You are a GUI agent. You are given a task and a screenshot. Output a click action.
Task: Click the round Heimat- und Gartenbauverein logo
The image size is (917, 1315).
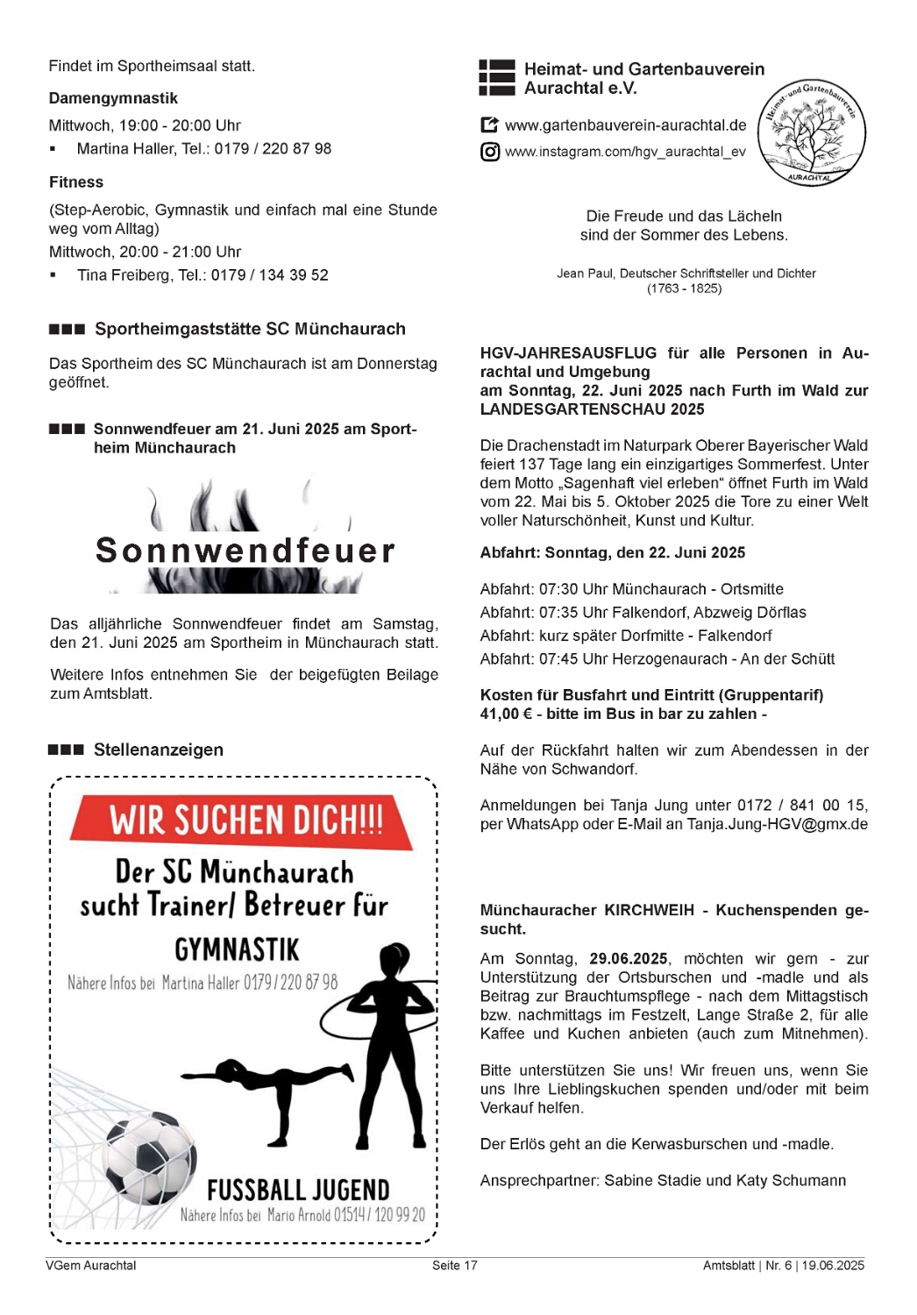click(x=811, y=132)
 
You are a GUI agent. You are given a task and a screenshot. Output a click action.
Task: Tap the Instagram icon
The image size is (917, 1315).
click(x=490, y=152)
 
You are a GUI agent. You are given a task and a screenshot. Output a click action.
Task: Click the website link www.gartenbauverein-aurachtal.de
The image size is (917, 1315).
click(x=625, y=125)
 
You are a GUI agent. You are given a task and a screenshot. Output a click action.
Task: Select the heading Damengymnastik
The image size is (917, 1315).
click(x=113, y=98)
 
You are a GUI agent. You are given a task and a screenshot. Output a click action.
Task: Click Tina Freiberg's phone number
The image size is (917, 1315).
click(x=270, y=275)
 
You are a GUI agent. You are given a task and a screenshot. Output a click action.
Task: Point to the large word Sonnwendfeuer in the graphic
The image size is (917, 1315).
click(x=245, y=551)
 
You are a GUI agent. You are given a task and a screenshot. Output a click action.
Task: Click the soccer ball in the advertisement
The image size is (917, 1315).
click(x=149, y=1157)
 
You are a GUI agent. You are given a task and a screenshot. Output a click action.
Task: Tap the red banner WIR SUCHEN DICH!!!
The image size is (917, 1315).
click(x=244, y=821)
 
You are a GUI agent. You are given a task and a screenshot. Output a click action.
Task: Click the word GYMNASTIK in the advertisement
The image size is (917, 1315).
click(x=237, y=949)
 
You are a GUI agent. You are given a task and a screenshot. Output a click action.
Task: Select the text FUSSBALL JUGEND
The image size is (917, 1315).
click(x=298, y=1190)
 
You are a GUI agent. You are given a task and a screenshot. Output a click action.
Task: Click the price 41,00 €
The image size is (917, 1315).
click(x=506, y=714)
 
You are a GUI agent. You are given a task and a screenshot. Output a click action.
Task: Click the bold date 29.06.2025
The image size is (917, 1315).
click(x=629, y=959)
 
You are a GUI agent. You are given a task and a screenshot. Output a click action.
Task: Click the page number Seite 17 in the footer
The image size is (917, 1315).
click(x=454, y=1265)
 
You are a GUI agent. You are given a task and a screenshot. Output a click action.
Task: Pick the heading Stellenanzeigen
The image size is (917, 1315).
click(x=158, y=750)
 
